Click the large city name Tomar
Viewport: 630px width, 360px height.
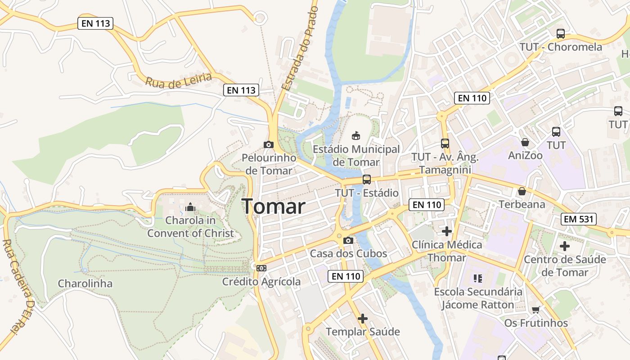[x=274, y=207]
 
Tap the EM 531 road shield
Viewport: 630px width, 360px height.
[x=578, y=220]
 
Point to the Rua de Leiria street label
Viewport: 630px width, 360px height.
[x=178, y=81]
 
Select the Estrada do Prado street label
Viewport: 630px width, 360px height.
[x=300, y=47]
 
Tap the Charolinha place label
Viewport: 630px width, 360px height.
[x=85, y=283]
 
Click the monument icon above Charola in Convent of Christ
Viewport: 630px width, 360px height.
[x=190, y=207]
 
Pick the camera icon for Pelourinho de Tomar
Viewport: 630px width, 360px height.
[x=269, y=144]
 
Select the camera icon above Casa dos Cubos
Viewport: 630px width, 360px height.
[x=348, y=240]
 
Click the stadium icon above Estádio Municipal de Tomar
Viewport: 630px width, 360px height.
[x=355, y=135]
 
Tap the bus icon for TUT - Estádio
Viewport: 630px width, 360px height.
[x=367, y=180]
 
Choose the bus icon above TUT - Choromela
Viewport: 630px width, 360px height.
[x=561, y=33]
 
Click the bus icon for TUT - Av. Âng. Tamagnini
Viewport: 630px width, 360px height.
[x=445, y=144]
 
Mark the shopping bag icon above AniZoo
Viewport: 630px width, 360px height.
[x=525, y=142]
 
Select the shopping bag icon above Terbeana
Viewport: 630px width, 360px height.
[x=522, y=191]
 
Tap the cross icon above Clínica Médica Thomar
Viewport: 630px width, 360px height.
[x=447, y=231]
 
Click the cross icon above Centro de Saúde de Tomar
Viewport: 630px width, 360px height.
[x=565, y=246]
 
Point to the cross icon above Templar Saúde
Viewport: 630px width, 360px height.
[x=363, y=319]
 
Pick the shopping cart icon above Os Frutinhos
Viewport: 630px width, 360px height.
[x=535, y=310]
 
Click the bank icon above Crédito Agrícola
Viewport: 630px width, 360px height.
[x=261, y=268]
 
